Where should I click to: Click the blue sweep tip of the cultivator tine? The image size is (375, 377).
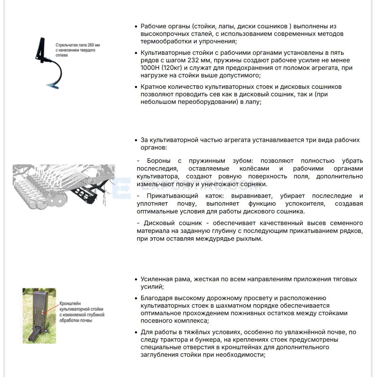coord(52,84)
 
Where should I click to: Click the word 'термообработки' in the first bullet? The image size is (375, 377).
coord(165,41)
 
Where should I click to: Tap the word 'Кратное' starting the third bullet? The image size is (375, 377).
coord(153,87)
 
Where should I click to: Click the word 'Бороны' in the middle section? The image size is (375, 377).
coord(159,161)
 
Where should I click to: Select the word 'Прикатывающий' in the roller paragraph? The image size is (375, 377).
coord(172,196)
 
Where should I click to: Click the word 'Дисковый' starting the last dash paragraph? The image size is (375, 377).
coord(157,223)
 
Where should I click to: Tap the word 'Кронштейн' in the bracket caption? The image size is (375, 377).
coord(70,304)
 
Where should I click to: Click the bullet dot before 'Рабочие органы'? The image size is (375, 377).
coord(136,27)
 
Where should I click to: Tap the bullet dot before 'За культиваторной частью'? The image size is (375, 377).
coord(136,140)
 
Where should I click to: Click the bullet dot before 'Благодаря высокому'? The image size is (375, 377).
coord(136,298)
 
